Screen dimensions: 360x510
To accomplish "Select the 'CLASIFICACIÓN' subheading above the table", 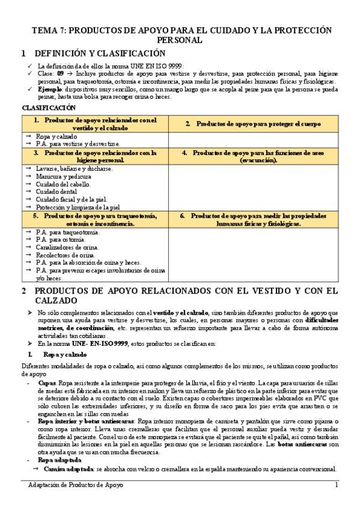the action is pos(49,108).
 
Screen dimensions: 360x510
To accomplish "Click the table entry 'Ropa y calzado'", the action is pos(57,137).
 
